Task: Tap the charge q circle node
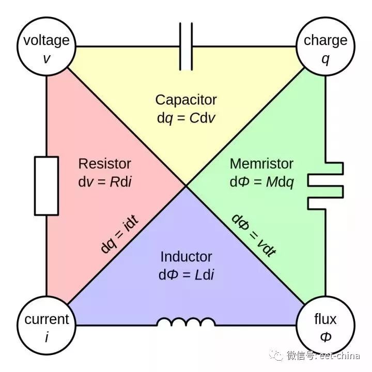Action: point(326,48)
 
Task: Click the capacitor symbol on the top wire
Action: point(186,47)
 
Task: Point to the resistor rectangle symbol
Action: point(47,186)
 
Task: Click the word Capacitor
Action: point(186,100)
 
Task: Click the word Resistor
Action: point(104,164)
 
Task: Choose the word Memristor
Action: point(261,164)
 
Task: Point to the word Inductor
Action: point(186,257)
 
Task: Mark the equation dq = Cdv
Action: point(186,118)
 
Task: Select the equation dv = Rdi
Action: point(104,182)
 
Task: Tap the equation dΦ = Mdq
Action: point(262,182)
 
